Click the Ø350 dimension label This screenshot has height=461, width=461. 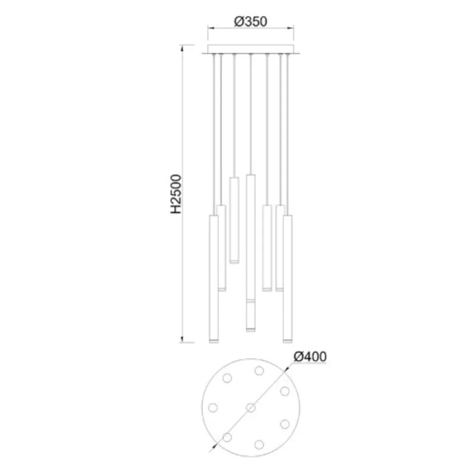click(x=250, y=22)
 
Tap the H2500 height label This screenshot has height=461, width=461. click(x=177, y=194)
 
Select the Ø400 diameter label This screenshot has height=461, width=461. click(x=310, y=357)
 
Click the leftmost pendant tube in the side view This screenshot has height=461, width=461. click(x=214, y=279)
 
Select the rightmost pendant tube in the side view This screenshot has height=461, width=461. click(x=288, y=279)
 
